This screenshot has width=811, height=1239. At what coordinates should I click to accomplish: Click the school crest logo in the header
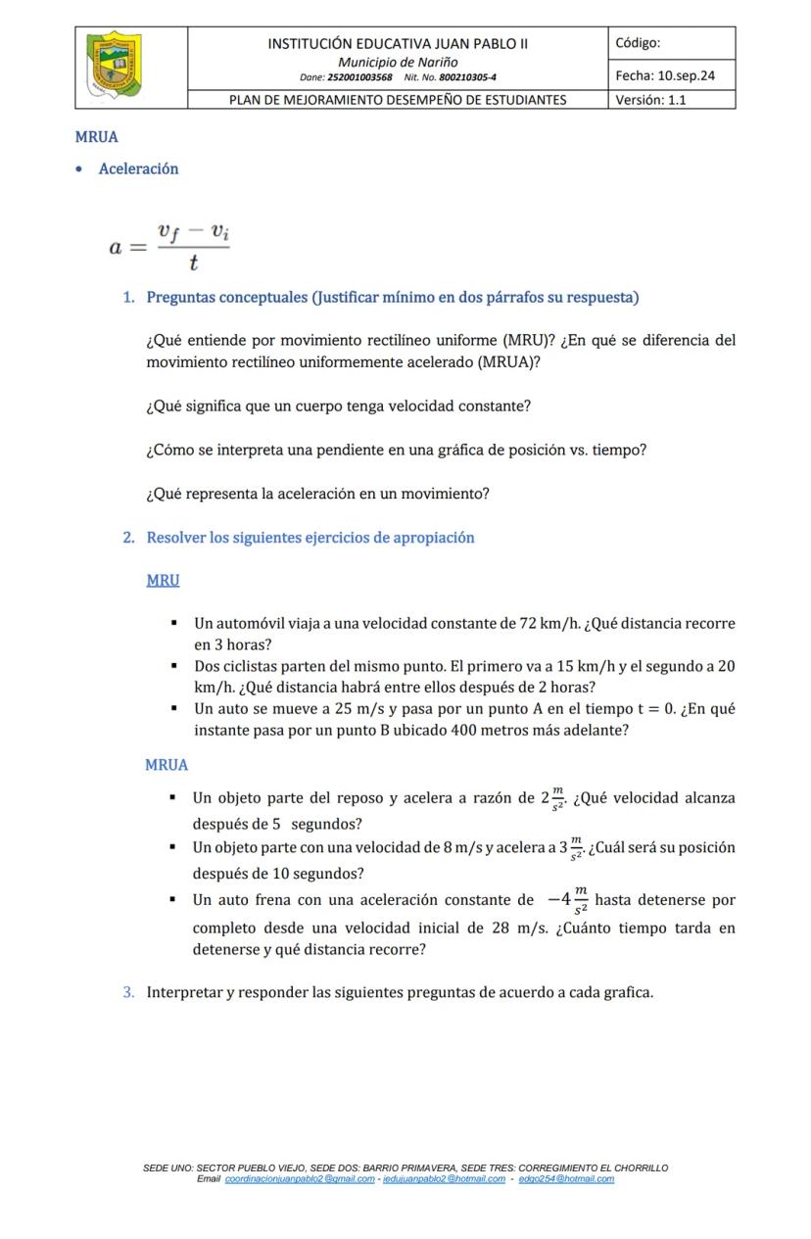[x=116, y=66]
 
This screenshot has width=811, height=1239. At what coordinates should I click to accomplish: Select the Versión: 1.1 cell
[x=651, y=100]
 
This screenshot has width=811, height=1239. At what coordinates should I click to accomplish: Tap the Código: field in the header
[x=639, y=43]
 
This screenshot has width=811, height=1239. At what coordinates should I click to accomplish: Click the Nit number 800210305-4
[x=466, y=76]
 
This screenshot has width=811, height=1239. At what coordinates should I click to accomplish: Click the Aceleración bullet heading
[x=138, y=168]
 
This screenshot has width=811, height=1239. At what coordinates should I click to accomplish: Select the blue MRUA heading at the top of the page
[x=96, y=137]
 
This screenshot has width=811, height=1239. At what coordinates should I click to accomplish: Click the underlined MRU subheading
[x=163, y=580]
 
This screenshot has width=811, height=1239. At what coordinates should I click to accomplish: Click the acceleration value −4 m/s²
[x=568, y=900]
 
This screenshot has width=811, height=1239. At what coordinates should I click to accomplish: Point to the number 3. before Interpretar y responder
[x=129, y=992]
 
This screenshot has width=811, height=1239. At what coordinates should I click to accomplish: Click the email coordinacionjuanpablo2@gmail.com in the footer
[x=300, y=1179]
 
